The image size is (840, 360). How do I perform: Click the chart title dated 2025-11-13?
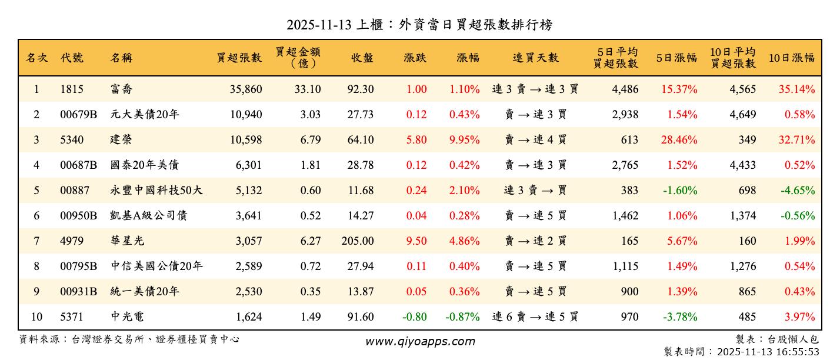click(x=419, y=25)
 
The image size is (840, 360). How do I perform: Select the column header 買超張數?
click(x=239, y=58)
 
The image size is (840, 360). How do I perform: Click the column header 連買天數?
click(x=535, y=58)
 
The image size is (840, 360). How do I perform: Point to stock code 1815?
click(x=72, y=89)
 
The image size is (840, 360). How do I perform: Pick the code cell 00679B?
click(x=78, y=115)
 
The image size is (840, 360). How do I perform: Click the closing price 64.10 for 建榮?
click(x=360, y=140)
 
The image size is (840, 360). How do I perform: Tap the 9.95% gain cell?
click(x=464, y=140)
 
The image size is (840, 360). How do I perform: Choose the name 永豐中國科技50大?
click(x=156, y=191)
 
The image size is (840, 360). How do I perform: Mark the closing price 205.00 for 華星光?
click(x=357, y=241)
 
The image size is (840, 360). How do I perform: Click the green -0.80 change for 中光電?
click(x=414, y=317)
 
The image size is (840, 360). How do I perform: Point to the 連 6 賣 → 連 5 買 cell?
click(x=535, y=317)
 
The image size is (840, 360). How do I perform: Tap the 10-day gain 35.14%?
click(x=796, y=89)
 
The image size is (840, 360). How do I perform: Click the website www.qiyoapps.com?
click(x=419, y=341)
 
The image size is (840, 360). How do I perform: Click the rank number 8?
click(x=36, y=266)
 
